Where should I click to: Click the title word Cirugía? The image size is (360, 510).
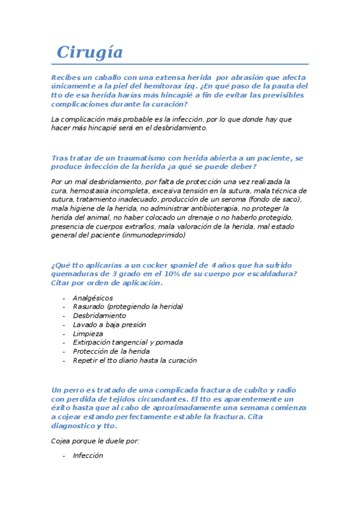click(x=90, y=52)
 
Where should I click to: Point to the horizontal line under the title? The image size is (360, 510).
click(x=180, y=64)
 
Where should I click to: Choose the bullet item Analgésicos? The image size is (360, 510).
click(x=93, y=298)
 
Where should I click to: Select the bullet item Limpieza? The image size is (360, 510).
click(x=88, y=333)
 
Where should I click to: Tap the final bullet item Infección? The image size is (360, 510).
click(x=88, y=455)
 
